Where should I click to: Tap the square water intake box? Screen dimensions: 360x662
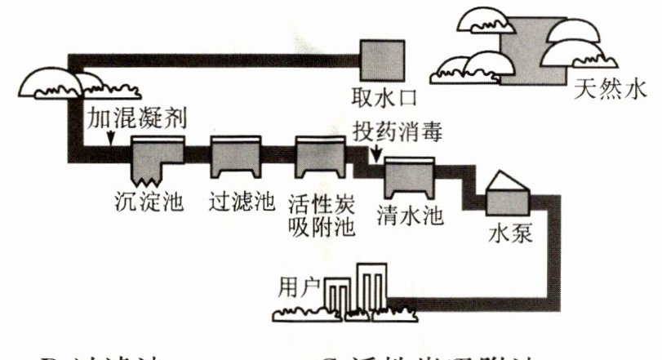click(x=384, y=58)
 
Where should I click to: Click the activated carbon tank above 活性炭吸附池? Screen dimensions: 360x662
click(x=319, y=158)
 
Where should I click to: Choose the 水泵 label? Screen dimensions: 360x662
click(x=510, y=235)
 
